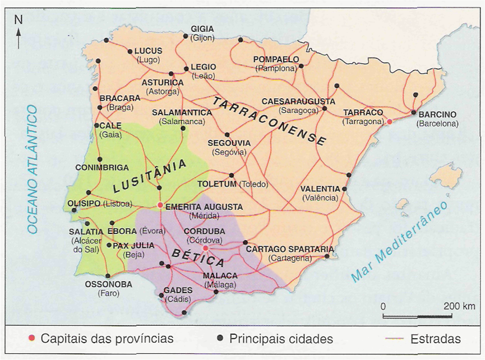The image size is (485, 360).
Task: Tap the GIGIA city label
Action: pos(202,29)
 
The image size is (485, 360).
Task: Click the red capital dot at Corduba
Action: pos(205,248)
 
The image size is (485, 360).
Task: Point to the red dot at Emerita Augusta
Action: pos(160,205)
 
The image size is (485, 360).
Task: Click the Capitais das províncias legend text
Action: pos(107,339)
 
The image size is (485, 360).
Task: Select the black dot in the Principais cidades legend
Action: pos(220,339)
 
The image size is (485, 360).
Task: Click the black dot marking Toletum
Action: pos(231,175)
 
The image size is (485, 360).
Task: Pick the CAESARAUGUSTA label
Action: pos(298,101)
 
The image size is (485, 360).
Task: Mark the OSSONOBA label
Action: pos(108,284)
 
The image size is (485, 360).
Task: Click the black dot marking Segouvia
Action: pos(227,135)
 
